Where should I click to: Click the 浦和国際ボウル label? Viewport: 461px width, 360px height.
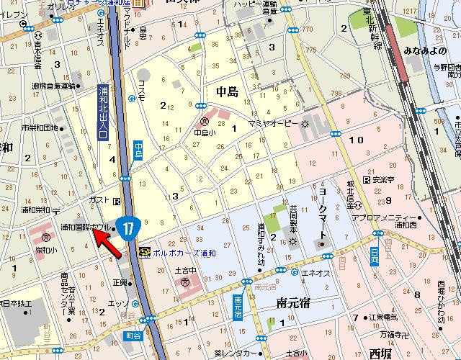point(84,228)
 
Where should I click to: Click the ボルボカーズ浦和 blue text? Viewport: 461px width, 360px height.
point(184,252)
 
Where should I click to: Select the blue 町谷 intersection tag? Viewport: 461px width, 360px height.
point(149,336)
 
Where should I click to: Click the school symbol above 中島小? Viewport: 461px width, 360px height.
point(205,122)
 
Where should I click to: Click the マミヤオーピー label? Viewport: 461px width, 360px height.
point(274,124)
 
